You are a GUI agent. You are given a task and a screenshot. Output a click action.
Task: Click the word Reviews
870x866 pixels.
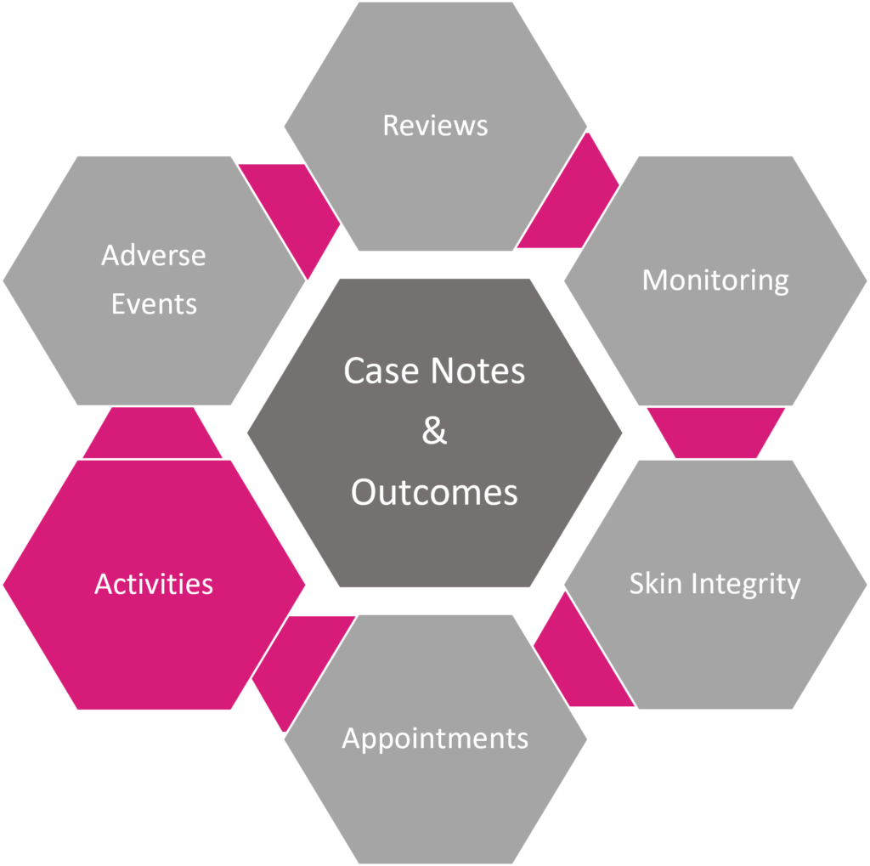click(x=435, y=126)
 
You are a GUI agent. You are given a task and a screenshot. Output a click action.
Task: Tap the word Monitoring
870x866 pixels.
click(x=715, y=280)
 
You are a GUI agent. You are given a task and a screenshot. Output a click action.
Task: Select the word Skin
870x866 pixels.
click(x=657, y=584)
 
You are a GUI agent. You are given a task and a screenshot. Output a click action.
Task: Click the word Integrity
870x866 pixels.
click(x=746, y=585)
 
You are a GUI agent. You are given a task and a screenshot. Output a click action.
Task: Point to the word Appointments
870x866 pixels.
click(x=435, y=739)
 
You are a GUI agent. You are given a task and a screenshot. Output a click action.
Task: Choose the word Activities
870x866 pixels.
click(x=154, y=584)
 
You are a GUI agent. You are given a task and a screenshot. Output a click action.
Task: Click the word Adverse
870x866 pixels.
click(x=154, y=255)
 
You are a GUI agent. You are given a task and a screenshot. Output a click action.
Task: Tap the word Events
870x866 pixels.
click(x=154, y=303)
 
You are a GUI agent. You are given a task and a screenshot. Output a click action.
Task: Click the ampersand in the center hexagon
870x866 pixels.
click(x=434, y=432)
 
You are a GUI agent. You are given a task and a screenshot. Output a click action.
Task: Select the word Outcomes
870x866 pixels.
click(x=434, y=492)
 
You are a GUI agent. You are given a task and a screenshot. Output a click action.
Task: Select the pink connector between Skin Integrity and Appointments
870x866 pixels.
click(x=578, y=662)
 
